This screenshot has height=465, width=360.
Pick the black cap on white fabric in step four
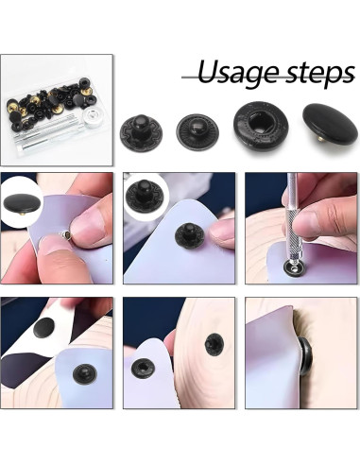tap(42, 329)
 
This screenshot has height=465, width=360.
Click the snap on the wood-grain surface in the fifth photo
tap(214, 344)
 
